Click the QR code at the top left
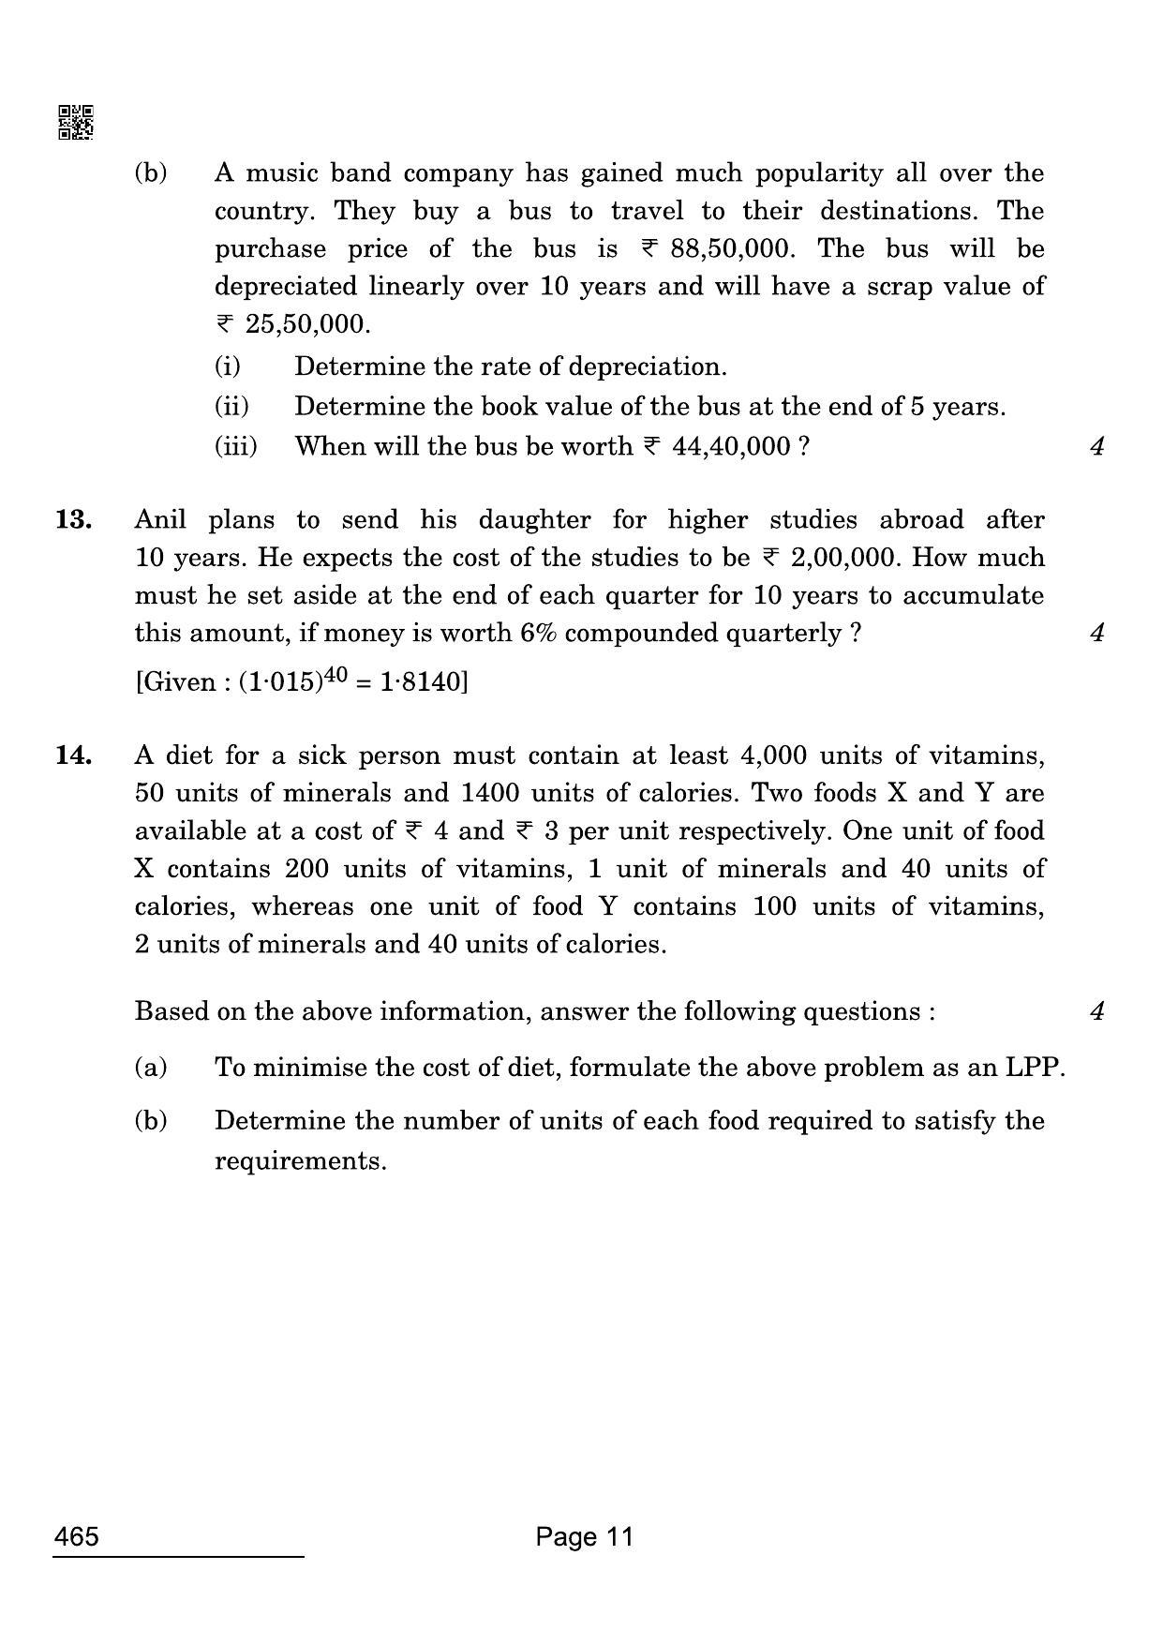[76, 123]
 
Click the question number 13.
[73, 519]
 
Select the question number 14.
[73, 755]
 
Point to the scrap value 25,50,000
[303, 324]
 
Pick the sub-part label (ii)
[231, 407]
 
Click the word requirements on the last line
[300, 1161]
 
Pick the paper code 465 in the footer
[77, 1537]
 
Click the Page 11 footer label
[585, 1537]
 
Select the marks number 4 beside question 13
[1097, 634]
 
